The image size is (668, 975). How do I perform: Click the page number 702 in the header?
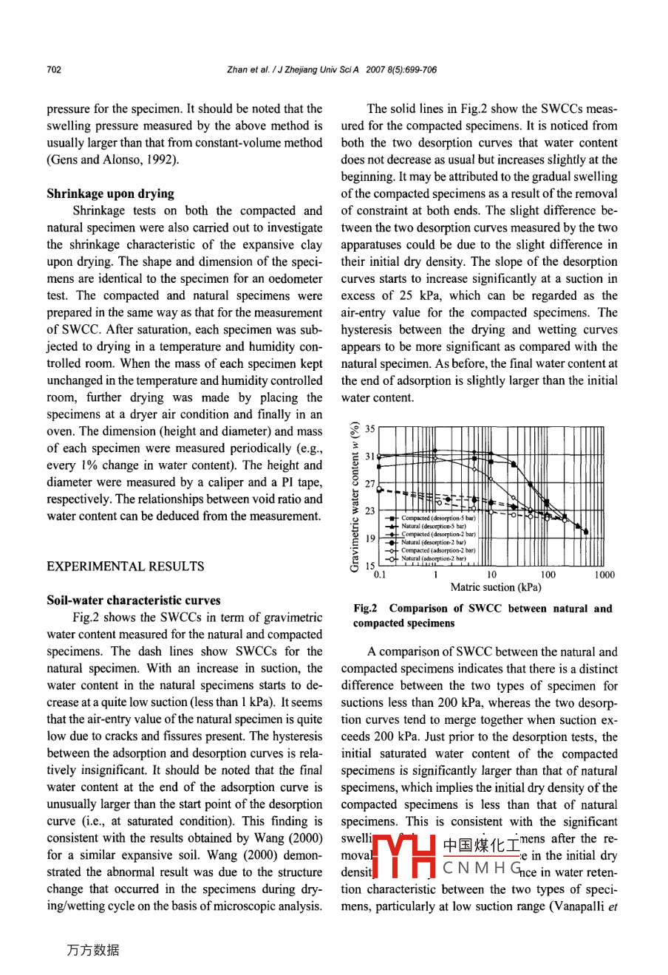click(53, 70)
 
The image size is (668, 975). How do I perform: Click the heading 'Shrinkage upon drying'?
click(110, 194)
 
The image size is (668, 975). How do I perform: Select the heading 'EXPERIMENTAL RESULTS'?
click(125, 567)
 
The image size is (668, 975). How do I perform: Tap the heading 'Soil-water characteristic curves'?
click(133, 600)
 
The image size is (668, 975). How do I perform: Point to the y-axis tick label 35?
click(370, 428)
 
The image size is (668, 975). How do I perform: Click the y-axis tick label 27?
click(370, 484)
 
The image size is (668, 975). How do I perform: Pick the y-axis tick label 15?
click(370, 566)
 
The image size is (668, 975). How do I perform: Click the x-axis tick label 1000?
click(604, 575)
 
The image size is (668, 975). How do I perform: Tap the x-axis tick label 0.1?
click(380, 575)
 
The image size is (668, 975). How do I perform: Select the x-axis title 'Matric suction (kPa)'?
click(496, 587)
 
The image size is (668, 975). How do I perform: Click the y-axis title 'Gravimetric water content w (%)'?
click(355, 496)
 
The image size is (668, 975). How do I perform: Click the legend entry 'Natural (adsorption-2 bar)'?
click(434, 558)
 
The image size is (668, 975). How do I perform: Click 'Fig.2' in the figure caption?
click(365, 609)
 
